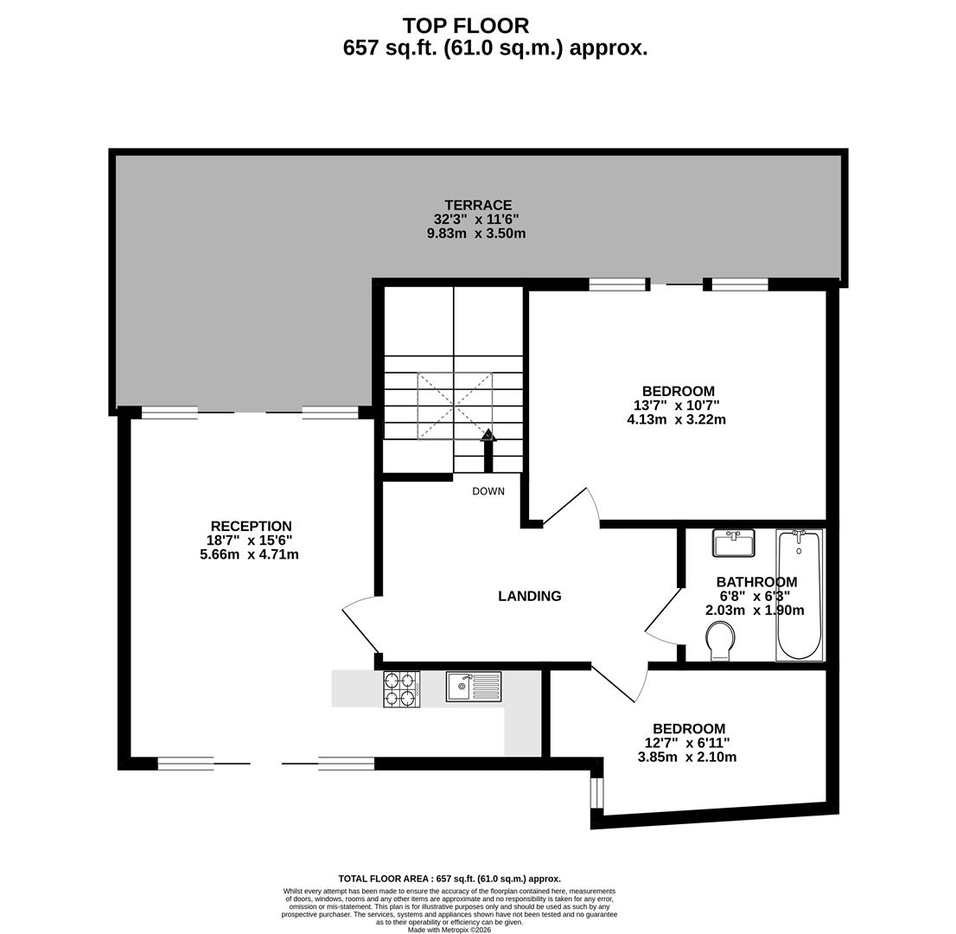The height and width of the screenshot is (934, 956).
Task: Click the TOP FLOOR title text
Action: [466, 26]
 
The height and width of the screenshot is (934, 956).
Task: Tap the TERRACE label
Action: [478, 205]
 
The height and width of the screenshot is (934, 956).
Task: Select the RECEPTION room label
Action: [252, 526]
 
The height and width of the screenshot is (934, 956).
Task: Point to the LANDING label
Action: [530, 596]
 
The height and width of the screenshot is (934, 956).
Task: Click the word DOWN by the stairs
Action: [488, 491]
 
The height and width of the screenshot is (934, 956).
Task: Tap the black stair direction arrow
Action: [488, 451]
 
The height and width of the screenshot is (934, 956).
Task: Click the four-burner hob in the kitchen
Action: [402, 689]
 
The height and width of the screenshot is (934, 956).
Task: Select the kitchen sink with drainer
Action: [474, 687]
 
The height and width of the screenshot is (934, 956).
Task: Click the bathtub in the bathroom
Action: [800, 595]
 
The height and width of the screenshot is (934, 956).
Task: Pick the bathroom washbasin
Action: [734, 543]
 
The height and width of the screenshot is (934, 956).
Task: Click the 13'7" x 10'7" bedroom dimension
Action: [677, 405]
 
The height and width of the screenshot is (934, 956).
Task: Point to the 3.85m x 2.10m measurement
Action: [687, 757]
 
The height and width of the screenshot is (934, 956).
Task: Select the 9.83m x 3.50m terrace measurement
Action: [476, 233]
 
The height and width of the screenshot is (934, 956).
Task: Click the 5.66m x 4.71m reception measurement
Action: [249, 554]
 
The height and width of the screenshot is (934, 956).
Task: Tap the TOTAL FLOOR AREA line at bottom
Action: [449, 880]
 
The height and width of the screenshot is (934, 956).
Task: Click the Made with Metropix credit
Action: [449, 931]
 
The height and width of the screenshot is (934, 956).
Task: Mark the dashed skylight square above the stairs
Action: [454, 406]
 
